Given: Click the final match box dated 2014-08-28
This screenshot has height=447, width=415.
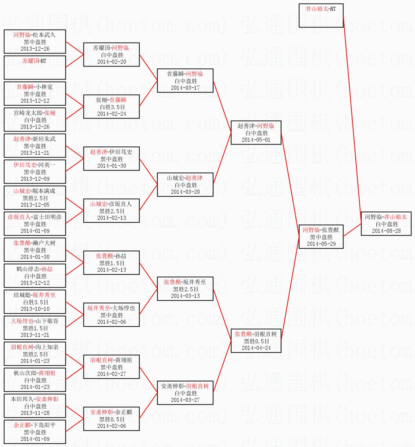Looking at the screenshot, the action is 386,224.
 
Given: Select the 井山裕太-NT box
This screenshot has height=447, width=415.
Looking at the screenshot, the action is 321,16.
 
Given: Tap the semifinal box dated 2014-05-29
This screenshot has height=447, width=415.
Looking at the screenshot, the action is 321,237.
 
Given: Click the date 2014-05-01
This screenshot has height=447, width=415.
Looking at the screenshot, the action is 256,140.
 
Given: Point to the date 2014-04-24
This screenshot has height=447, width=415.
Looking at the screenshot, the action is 256,348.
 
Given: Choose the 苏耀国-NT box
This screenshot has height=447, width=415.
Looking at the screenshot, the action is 35,67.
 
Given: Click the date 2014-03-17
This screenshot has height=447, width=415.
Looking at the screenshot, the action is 185,88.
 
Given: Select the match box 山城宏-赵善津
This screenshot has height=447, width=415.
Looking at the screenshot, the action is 185,185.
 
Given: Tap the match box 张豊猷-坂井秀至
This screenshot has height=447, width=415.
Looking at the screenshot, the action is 185,289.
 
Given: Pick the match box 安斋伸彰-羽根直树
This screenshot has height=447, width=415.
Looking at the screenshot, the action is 185,393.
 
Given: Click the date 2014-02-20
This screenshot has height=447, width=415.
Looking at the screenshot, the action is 111,62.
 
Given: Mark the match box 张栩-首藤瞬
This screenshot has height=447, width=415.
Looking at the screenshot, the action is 111,107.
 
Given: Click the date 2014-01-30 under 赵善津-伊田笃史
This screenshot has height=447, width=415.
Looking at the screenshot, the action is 111,166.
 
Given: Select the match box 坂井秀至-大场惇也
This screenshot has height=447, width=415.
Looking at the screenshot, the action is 111,315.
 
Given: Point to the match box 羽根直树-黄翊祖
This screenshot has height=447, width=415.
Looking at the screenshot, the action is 111,367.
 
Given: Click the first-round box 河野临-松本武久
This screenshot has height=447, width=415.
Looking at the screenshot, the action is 35,42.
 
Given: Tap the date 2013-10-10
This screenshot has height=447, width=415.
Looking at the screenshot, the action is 35,309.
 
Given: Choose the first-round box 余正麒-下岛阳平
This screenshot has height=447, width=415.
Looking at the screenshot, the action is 35,432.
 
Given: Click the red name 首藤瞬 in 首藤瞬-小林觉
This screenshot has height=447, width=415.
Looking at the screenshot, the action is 25,87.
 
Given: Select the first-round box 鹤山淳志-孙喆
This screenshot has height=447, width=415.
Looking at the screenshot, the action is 35,276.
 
